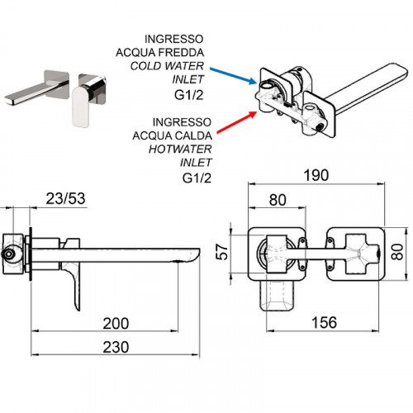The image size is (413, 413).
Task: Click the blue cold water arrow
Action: pos(233,76)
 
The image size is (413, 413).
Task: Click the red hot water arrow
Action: pos(237,122)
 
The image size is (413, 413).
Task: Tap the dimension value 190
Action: pos(316,175)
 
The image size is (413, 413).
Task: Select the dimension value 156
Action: pos(324,322)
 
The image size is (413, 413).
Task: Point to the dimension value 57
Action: pos(222,251)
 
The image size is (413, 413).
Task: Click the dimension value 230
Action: pos(116,347)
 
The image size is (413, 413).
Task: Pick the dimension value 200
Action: pos(116,324)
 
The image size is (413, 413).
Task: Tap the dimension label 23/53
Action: pos(65,198)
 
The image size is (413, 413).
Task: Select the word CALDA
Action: pos(193,135)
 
